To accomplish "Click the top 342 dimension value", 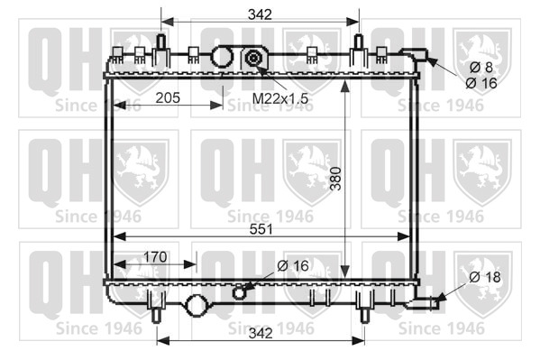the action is pyautogui.click(x=260, y=14).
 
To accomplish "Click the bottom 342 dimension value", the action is pyautogui.click(x=261, y=333).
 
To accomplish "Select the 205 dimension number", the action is pyautogui.click(x=168, y=98).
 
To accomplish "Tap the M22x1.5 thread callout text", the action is pyautogui.click(x=280, y=98).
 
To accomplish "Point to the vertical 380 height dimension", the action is pyautogui.click(x=335, y=179).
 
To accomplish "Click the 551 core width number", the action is pyautogui.click(x=261, y=229).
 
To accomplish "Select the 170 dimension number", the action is pyautogui.click(x=155, y=257).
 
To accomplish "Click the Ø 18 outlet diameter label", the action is pyautogui.click(x=485, y=277).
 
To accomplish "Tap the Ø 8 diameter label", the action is pyautogui.click(x=481, y=68).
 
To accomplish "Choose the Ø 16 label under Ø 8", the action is pyautogui.click(x=481, y=83).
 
